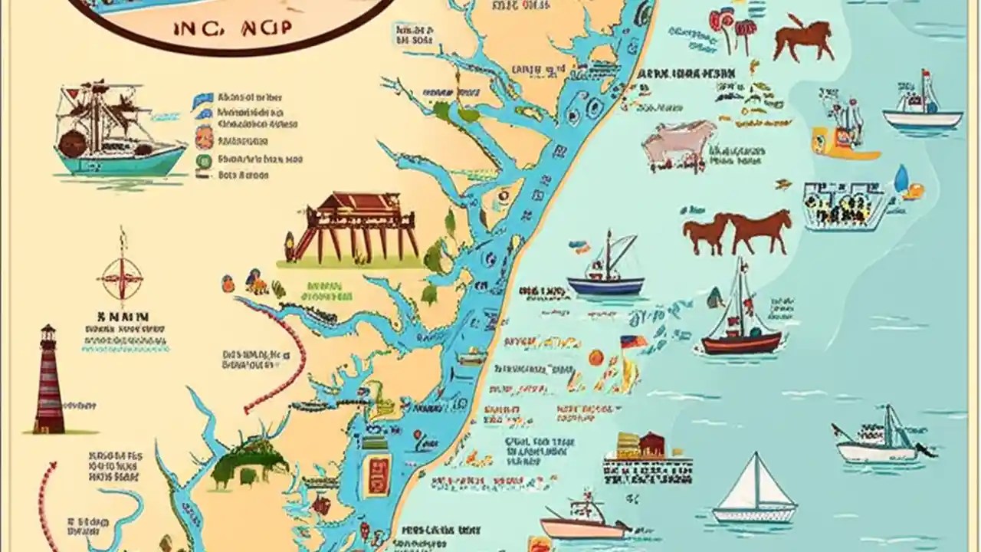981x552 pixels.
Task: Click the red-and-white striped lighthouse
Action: click(48, 379)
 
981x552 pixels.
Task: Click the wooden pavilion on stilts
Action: click(354, 226)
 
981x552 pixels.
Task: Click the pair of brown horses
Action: click(737, 232)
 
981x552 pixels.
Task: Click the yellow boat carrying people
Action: click(845, 134)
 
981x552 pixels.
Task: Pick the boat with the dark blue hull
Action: click(605, 272)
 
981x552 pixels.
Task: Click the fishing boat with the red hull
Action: click(740, 322)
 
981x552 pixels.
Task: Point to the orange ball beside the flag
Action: click(595, 357)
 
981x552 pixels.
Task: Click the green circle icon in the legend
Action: click(204, 160)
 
